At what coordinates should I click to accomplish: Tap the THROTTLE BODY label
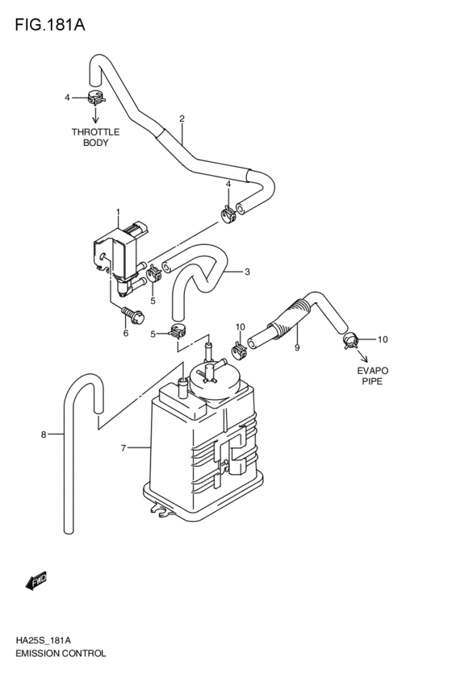click(x=95, y=137)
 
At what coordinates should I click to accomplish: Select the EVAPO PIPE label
click(x=373, y=376)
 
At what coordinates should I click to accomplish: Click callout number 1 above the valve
click(x=118, y=213)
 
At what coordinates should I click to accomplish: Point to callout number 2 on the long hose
click(x=182, y=119)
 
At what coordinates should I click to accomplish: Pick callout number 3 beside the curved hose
click(x=247, y=272)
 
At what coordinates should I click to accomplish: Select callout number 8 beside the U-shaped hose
click(x=44, y=435)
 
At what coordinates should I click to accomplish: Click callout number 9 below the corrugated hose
click(x=297, y=347)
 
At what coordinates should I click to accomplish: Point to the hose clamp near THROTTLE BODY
click(x=96, y=99)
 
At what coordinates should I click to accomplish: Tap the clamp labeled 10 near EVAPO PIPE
click(x=350, y=339)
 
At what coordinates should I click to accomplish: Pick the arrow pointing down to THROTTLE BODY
click(x=96, y=116)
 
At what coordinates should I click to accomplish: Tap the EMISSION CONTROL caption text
click(x=60, y=654)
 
